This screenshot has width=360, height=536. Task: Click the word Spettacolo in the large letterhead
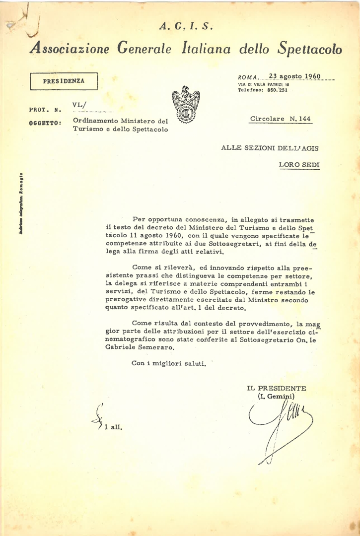click(309, 49)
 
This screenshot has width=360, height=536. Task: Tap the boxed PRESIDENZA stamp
click(64, 81)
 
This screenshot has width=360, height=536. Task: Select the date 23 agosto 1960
click(295, 76)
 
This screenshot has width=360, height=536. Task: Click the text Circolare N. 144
click(281, 119)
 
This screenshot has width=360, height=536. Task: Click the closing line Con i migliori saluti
click(168, 363)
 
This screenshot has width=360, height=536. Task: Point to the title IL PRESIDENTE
click(276, 388)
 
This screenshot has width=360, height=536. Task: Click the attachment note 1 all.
click(114, 426)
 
